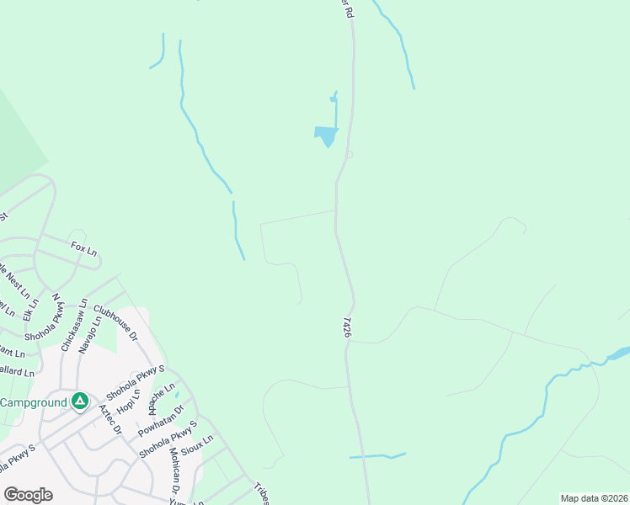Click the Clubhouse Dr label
tap(116, 322)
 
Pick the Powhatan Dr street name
tap(161, 418)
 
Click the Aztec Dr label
tap(110, 418)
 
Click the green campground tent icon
tap(79, 401)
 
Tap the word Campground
tap(33, 402)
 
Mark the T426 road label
tap(346, 328)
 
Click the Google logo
tap(28, 495)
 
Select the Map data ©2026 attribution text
tap(594, 498)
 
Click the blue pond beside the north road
tap(326, 134)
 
